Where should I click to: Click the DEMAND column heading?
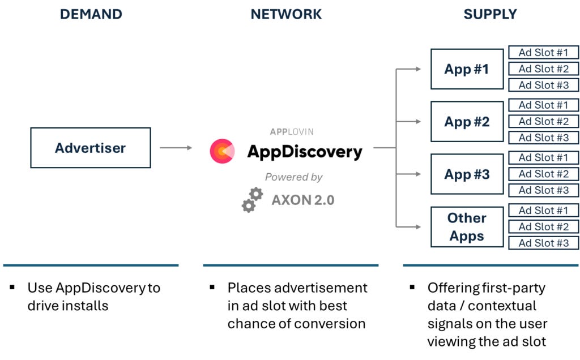(x=91, y=14)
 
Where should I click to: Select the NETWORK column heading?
(x=286, y=14)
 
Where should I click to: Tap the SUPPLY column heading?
(x=490, y=14)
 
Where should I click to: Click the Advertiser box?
(x=91, y=148)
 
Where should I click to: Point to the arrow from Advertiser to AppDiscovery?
(x=176, y=148)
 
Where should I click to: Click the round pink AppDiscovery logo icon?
(x=222, y=151)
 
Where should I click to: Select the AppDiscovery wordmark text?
(x=304, y=152)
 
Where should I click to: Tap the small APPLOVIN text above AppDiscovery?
(x=291, y=132)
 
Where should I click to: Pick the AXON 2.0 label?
(x=302, y=200)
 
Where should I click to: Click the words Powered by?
(x=293, y=177)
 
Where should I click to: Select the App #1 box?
(x=467, y=69)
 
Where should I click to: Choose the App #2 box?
(x=467, y=122)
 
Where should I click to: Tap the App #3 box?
(x=467, y=174)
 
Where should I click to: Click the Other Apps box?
(x=467, y=226)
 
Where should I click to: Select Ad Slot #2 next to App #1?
(x=543, y=69)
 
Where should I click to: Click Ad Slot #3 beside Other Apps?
(x=543, y=243)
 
